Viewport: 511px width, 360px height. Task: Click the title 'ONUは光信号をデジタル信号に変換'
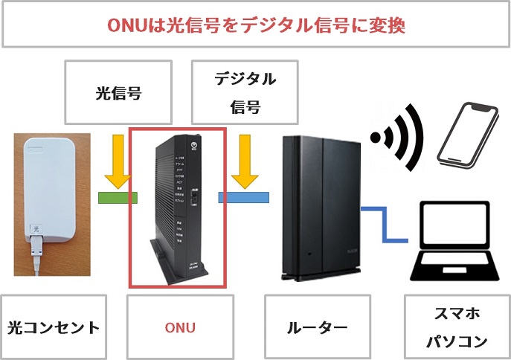pos(255,25)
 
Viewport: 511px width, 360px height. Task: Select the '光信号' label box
pos(118,93)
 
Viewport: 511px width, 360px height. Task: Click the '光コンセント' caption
pos(53,327)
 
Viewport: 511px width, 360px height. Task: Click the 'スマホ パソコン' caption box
pos(456,327)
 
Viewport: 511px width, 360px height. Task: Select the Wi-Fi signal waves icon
pos(397,138)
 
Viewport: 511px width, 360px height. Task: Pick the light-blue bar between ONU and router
pos(243,197)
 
